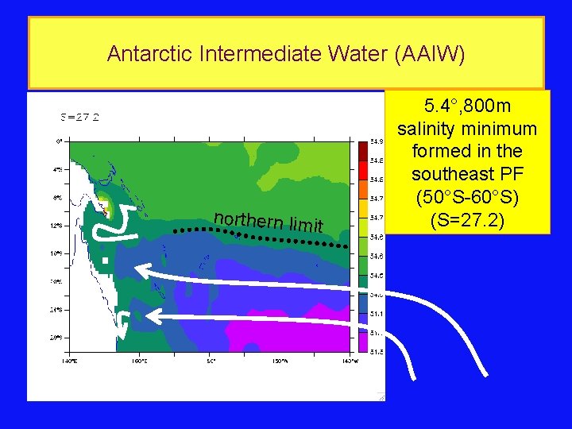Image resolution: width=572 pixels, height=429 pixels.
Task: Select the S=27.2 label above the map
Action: pos(80,117)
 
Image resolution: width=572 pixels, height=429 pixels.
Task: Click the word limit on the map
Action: pos(306,226)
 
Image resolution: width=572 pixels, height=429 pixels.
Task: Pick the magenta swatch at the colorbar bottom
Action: pos(362,342)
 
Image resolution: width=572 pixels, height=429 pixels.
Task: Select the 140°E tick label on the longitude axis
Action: pos(69,360)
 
